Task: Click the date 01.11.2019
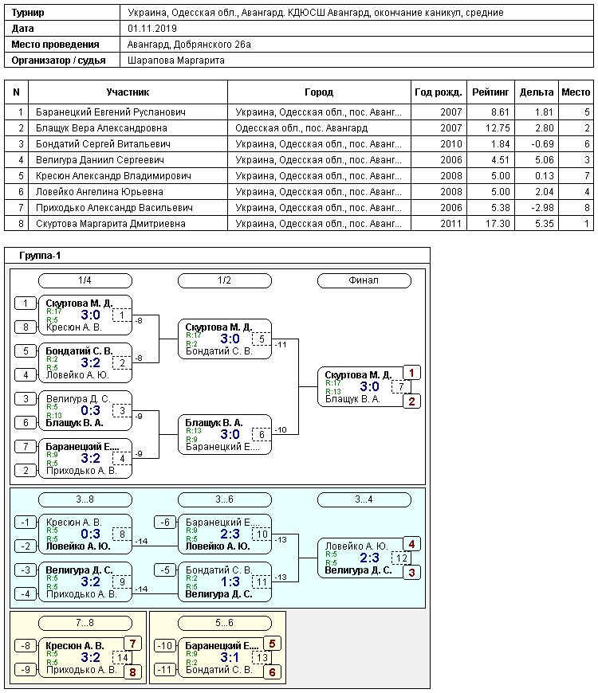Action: (152, 29)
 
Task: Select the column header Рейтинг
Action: (490, 92)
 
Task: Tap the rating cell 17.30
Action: (498, 224)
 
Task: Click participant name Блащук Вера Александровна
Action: (101, 128)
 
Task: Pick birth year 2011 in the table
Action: (451, 224)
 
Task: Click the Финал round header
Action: (364, 280)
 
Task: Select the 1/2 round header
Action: (224, 280)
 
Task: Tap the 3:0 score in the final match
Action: (369, 386)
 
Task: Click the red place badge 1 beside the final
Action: (411, 373)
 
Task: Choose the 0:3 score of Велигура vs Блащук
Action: (90, 410)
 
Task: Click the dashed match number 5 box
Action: (262, 339)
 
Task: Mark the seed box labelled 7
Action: (26, 446)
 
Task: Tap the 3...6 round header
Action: (224, 499)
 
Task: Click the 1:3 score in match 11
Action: (230, 581)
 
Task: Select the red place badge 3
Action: (411, 573)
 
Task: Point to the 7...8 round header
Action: (85, 623)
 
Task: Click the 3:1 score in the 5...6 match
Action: (230, 657)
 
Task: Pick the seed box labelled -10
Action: (165, 646)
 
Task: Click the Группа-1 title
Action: (40, 256)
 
